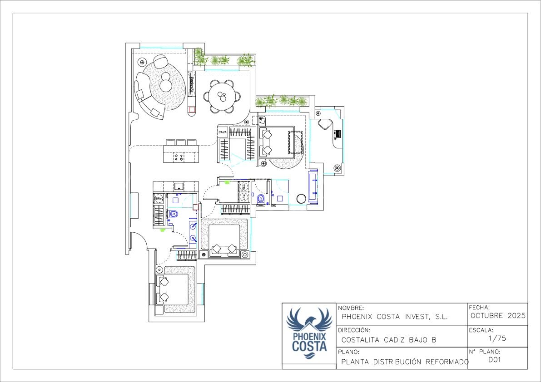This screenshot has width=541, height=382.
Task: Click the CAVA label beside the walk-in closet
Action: [223, 132]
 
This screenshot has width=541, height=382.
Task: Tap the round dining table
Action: [223, 96]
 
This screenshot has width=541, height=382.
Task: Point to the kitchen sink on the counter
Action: [179, 186]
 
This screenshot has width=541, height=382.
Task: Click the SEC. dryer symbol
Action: [244, 186]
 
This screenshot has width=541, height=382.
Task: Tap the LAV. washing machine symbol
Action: [244, 197]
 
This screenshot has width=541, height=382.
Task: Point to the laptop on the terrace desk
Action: [338, 134]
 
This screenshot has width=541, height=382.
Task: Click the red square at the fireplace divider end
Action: [191, 109]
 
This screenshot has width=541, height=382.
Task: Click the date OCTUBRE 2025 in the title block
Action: [498, 315]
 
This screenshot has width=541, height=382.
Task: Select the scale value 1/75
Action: [497, 338]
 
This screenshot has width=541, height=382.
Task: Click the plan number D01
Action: [494, 360]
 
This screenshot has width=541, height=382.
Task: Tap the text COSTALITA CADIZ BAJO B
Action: [389, 340]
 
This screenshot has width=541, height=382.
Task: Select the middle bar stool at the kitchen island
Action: [181, 142]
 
